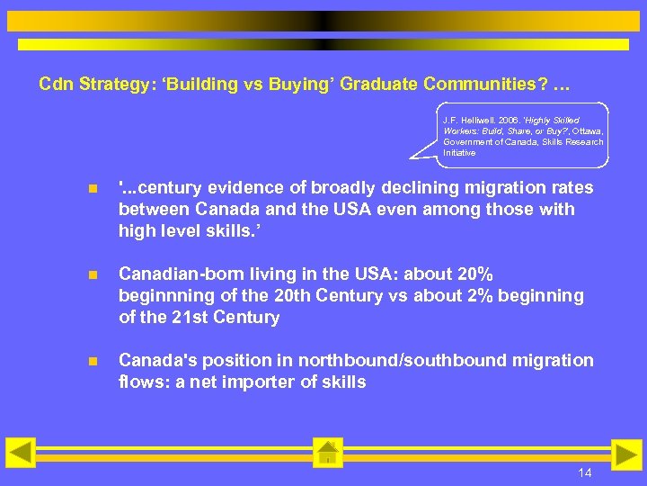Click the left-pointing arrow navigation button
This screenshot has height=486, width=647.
click(x=21, y=453)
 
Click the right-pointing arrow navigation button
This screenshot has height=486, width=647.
click(x=626, y=454)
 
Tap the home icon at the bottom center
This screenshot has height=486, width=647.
click(x=328, y=454)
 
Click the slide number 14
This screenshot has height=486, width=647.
click(x=584, y=473)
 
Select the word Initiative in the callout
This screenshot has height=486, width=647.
click(x=459, y=152)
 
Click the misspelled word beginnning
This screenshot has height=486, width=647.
click(x=164, y=295)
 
